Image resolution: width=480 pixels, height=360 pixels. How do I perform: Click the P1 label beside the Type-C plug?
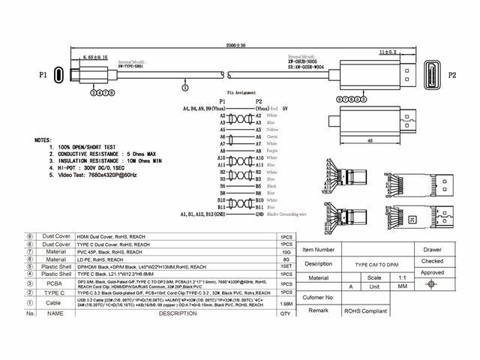click(43, 75)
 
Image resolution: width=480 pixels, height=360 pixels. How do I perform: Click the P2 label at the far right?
click(452, 75)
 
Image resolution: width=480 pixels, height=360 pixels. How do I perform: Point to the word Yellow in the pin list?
click(274, 128)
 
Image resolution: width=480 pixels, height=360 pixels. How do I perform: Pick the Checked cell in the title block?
click(433, 262)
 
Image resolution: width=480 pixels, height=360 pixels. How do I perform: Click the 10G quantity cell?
click(286, 252)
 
